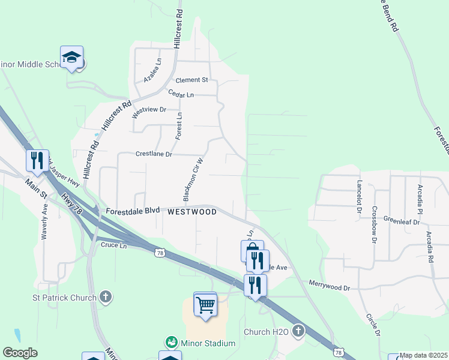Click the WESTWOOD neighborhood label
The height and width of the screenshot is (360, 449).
click(x=192, y=212)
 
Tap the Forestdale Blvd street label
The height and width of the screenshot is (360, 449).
click(x=133, y=211)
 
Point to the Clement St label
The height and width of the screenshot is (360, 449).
click(x=191, y=80)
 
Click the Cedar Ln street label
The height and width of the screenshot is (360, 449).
click(x=181, y=95)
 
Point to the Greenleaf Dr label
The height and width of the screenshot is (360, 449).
click(x=399, y=220)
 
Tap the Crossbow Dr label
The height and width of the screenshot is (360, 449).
click(x=373, y=224)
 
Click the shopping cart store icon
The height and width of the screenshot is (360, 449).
click(x=205, y=305)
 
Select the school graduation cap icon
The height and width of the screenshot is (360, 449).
click(x=72, y=58)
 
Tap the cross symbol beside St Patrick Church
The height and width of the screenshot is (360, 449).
click(x=106, y=297)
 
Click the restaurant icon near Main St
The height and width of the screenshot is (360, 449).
click(x=37, y=160)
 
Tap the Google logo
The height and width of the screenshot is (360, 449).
click(x=20, y=352)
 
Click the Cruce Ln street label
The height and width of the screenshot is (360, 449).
click(x=114, y=245)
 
